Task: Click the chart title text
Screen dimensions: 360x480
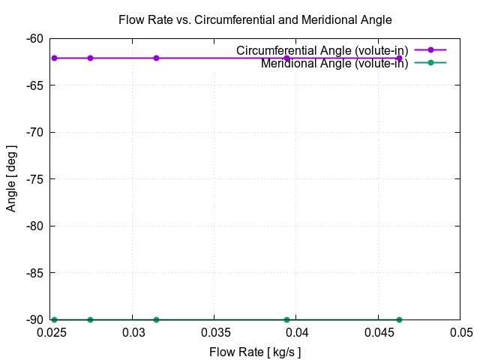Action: [255, 19]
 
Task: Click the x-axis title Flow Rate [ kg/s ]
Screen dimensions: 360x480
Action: [255, 351]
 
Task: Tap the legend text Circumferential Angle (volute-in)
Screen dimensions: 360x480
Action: [322, 50]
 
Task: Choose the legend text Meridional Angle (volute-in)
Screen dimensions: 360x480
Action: [334, 63]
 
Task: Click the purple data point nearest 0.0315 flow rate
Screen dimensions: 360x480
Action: [156, 58]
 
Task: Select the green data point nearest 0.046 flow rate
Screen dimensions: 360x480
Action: [399, 319]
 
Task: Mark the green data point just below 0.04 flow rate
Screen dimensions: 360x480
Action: [286, 319]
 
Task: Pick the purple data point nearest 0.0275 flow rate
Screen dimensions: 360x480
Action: [90, 58]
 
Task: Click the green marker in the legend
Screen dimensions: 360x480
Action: [430, 62]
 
